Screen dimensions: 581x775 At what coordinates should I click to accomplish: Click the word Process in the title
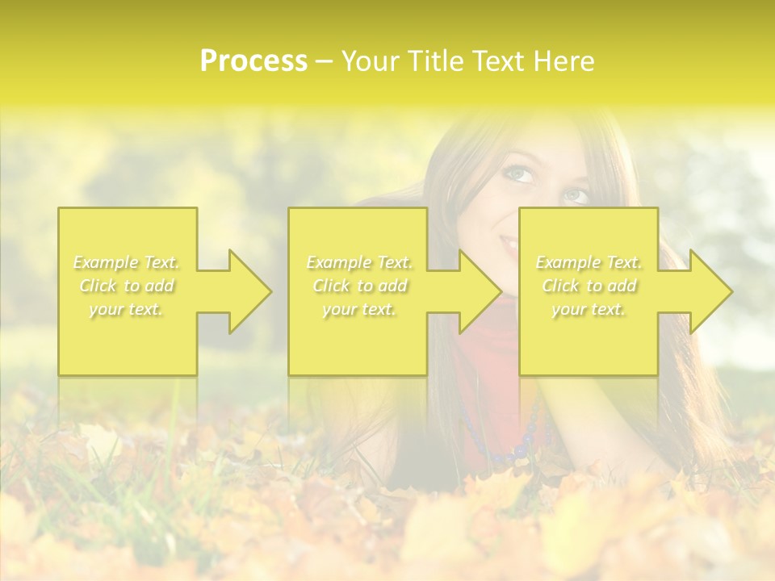[253, 61]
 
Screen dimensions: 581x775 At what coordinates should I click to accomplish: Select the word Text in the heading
[497, 61]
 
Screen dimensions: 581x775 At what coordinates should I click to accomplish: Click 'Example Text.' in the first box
[127, 262]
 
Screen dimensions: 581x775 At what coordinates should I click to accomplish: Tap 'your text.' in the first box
[127, 309]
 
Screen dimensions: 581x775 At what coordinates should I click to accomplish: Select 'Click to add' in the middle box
[359, 286]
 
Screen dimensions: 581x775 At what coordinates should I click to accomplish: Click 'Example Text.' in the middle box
[359, 262]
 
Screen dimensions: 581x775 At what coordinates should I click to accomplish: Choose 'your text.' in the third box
[589, 309]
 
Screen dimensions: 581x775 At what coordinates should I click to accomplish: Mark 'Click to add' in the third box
[589, 286]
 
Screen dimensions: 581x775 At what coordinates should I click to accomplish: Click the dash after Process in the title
[325, 61]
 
